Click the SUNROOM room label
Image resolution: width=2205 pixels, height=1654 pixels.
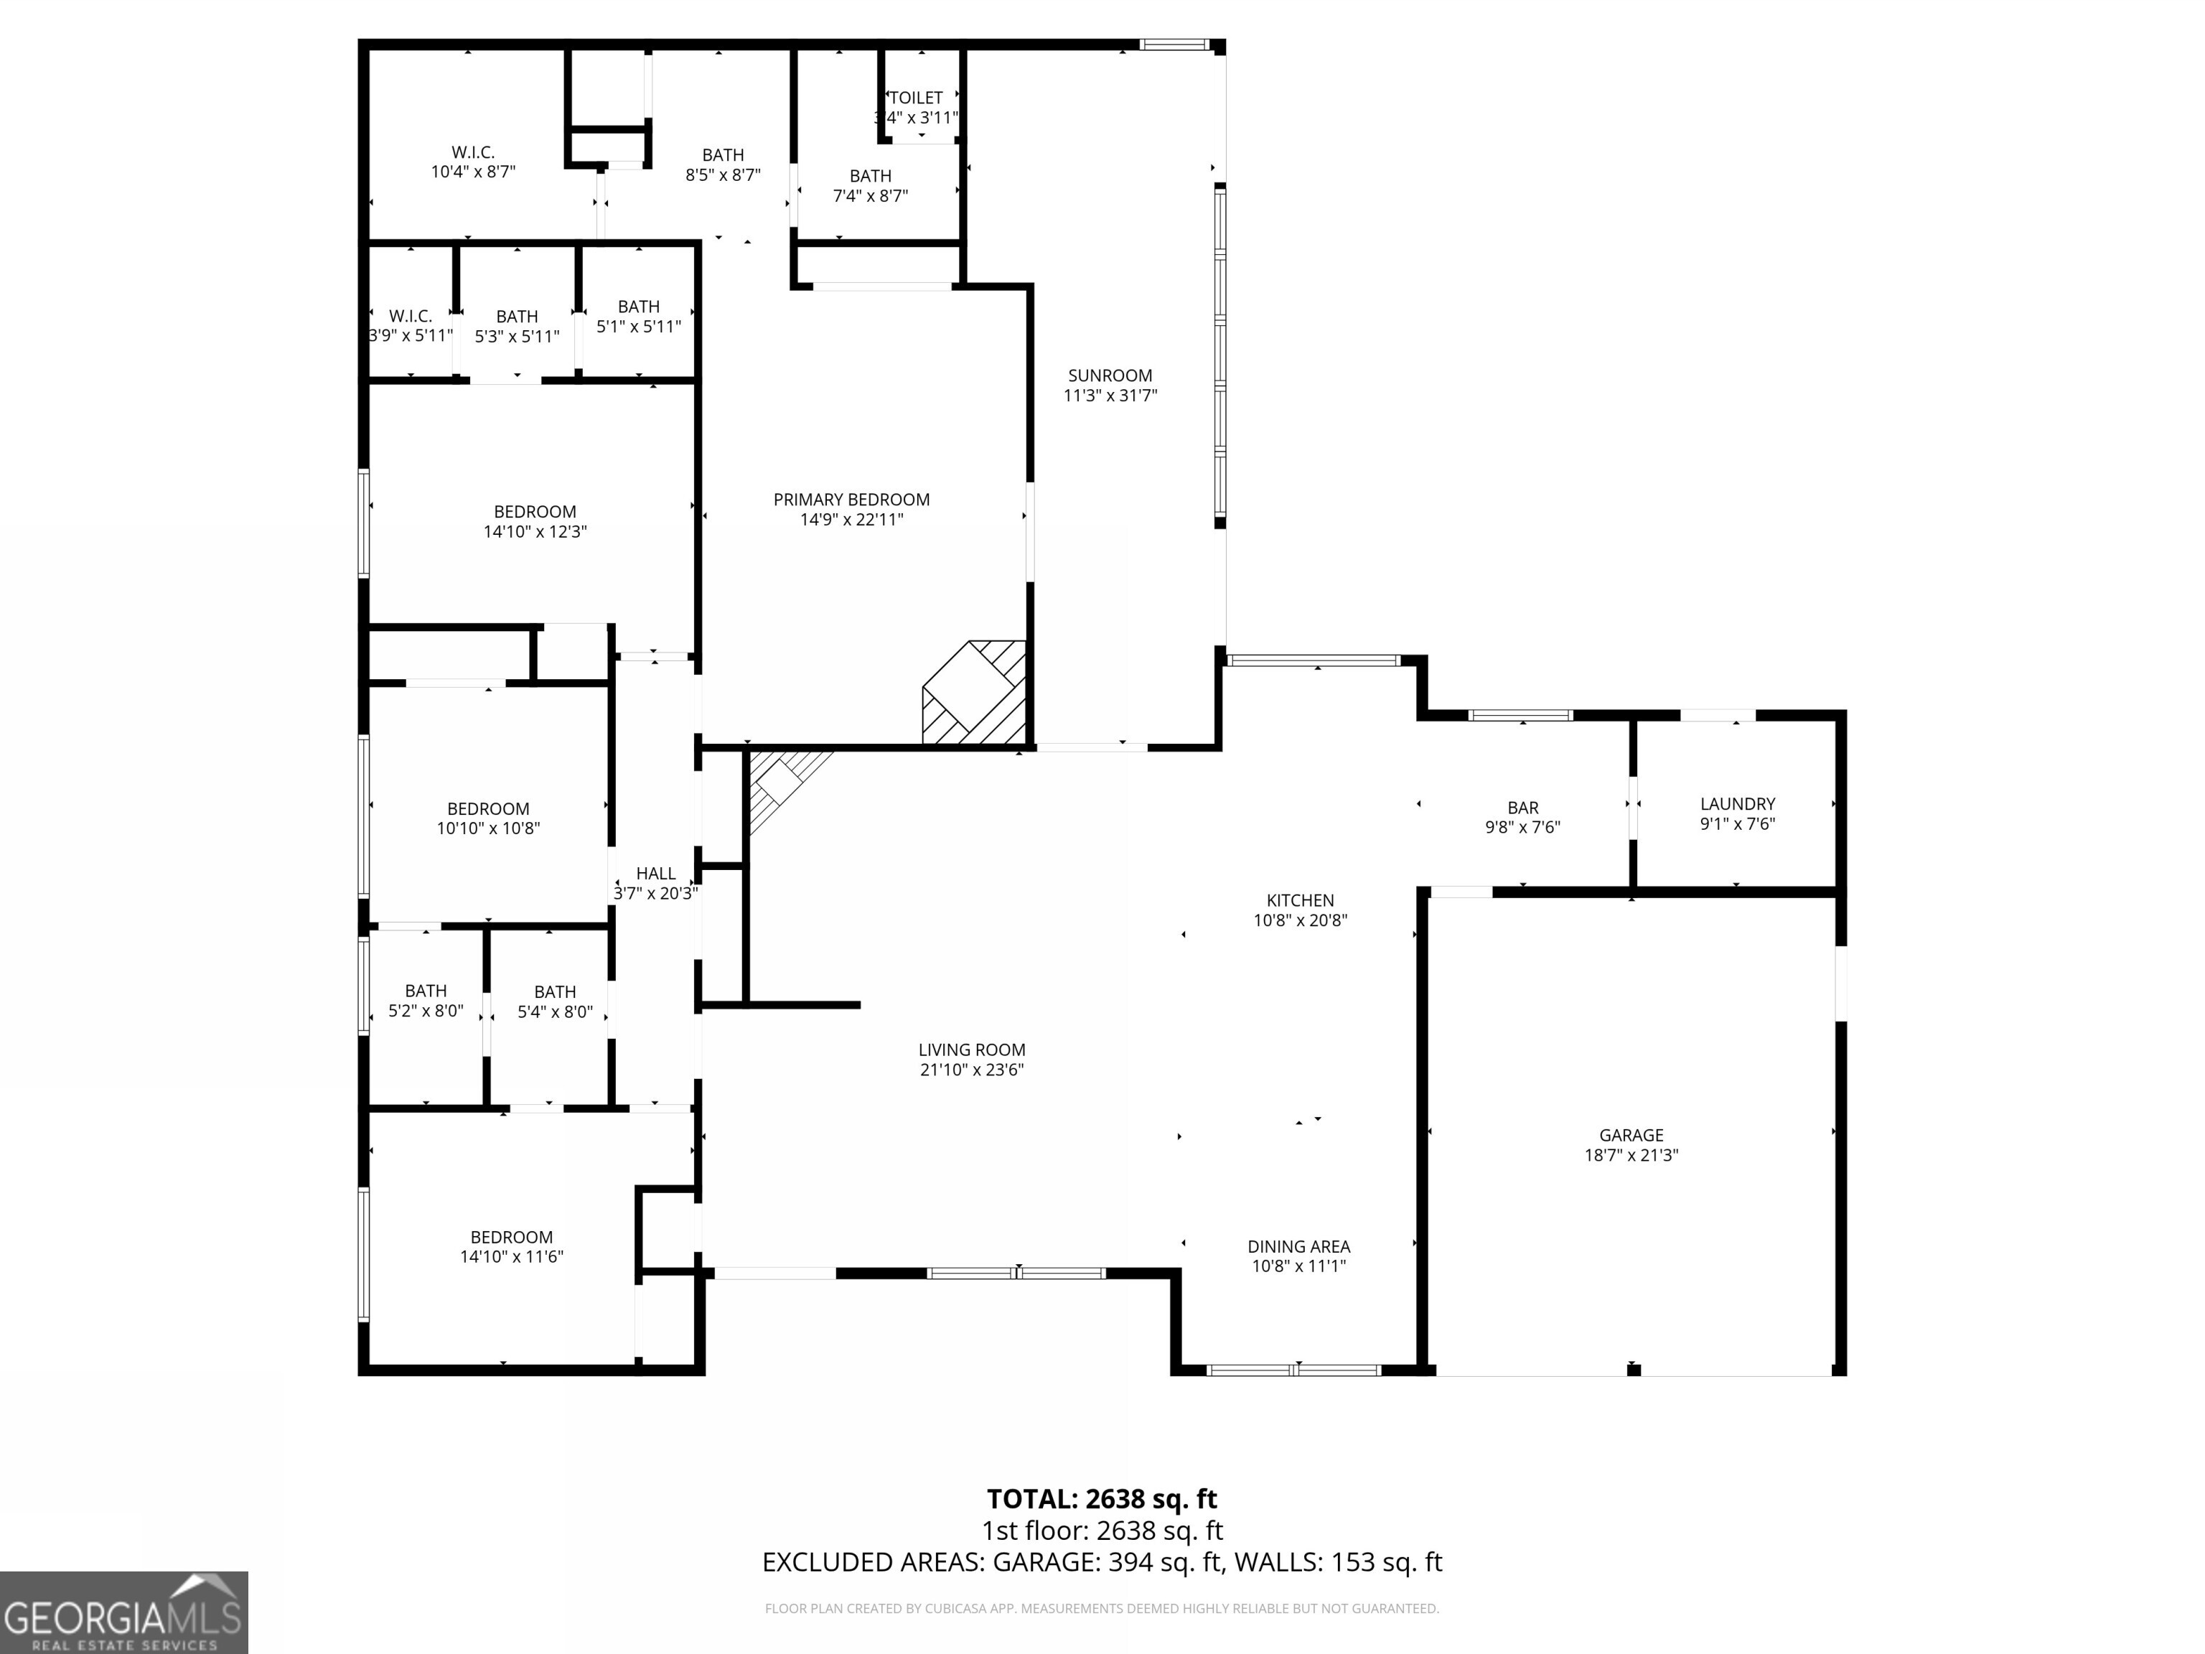(1110, 376)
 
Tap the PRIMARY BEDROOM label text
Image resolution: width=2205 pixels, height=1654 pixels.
(851, 500)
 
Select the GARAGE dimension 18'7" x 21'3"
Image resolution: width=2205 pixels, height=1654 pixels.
(1631, 1156)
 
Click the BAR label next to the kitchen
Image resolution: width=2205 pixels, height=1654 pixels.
(1522, 808)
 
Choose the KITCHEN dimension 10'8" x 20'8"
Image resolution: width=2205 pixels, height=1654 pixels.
(1300, 920)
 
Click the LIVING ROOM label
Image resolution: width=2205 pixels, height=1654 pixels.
(971, 1050)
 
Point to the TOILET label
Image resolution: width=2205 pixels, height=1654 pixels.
(915, 98)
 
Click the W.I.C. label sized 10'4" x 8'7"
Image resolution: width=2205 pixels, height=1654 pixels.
(472, 152)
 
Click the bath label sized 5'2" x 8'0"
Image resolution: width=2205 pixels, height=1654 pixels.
(426, 991)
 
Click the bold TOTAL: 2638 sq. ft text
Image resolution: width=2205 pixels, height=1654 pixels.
(1102, 1498)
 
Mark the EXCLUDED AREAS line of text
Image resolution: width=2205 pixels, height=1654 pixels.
(1102, 1561)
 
